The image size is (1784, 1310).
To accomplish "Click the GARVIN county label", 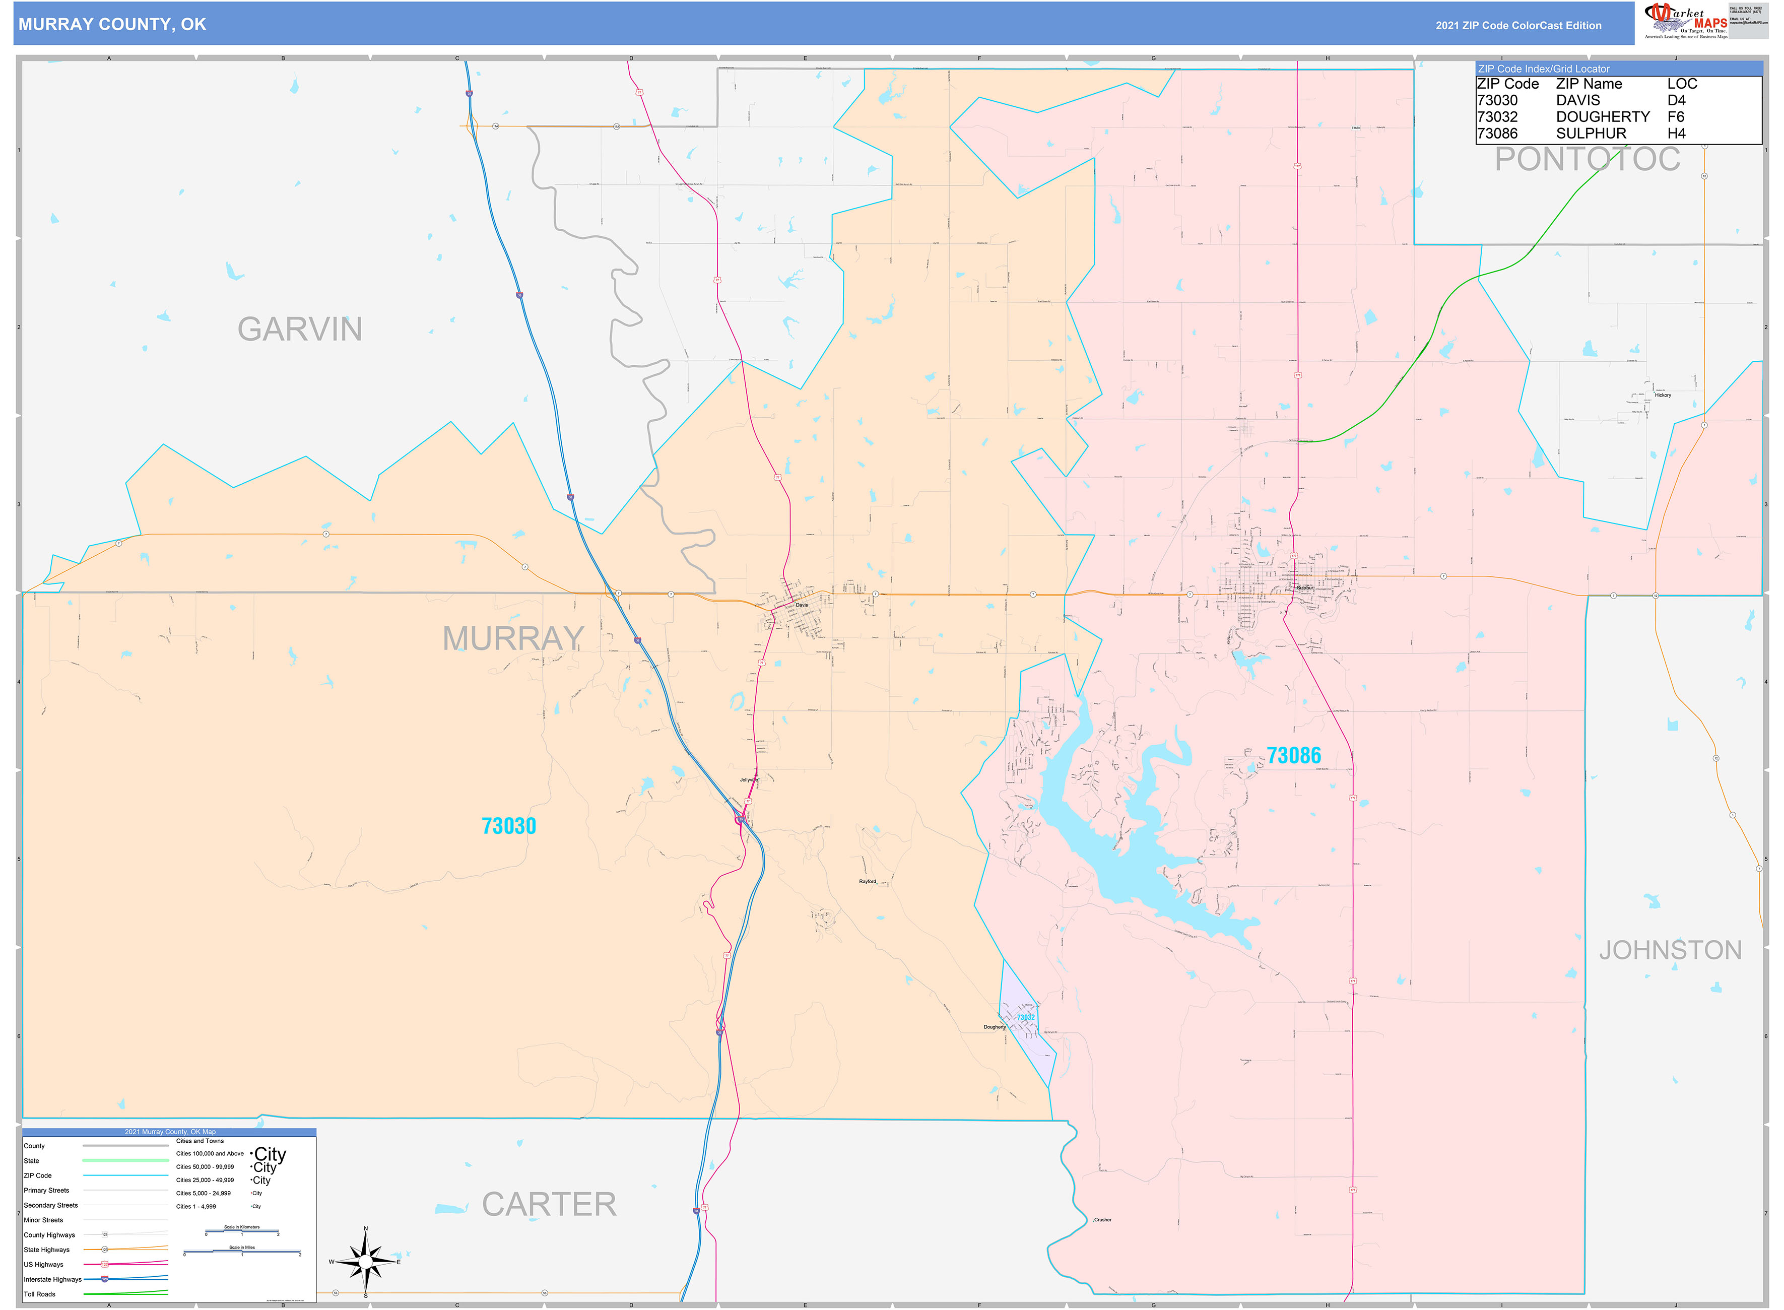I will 300,329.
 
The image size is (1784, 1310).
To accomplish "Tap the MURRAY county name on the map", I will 513,638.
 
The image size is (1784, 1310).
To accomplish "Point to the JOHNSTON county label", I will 1670,950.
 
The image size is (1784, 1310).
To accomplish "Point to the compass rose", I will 366,1261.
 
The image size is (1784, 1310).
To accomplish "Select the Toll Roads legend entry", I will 40,1294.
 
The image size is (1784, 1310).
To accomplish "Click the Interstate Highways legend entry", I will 52,1279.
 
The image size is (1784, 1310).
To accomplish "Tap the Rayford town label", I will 868,882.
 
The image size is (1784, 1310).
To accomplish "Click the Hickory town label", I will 1663,395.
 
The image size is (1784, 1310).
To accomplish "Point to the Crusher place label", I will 1103,1220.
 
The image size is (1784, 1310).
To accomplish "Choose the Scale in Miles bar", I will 242,1252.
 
